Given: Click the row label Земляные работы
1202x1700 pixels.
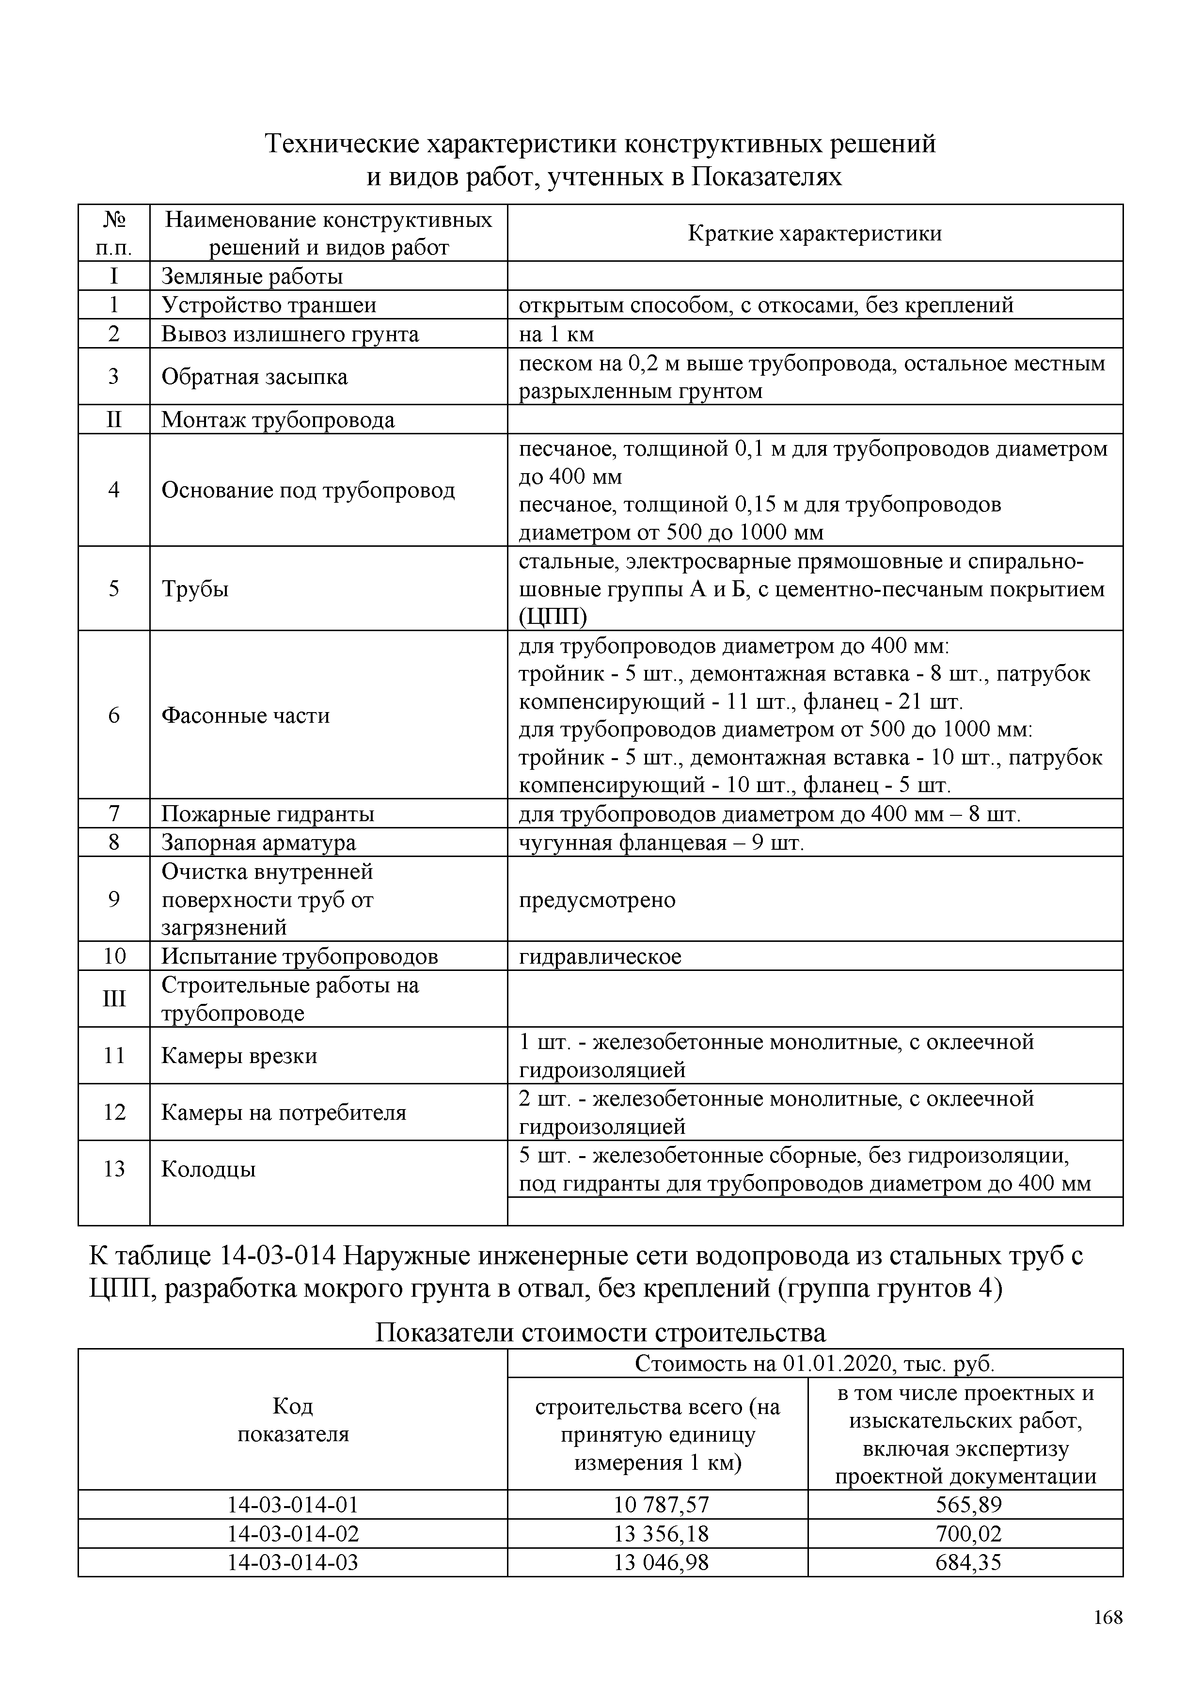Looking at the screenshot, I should (253, 276).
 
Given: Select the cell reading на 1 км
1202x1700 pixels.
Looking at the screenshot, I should (556, 334).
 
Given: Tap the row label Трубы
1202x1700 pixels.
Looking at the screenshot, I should (195, 588).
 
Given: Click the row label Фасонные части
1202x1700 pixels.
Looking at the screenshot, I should (246, 715).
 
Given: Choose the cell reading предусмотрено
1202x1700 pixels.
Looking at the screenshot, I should (597, 900).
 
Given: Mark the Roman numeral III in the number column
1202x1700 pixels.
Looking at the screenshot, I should (114, 999).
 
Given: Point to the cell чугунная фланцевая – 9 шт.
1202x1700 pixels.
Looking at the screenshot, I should (661, 842).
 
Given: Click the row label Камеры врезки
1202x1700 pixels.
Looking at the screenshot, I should (239, 1055).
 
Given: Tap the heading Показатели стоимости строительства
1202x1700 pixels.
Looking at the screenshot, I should (600, 1333).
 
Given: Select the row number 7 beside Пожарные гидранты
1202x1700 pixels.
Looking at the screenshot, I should (114, 814).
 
